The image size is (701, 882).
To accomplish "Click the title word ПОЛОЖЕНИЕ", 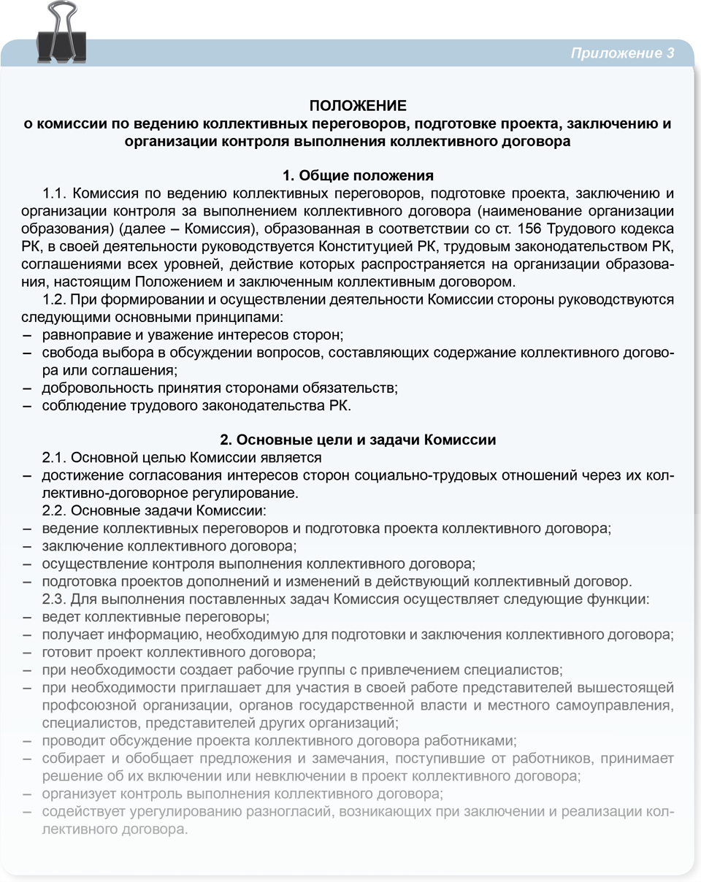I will pos(358,106).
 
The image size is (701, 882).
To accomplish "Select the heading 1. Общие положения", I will pos(358,176).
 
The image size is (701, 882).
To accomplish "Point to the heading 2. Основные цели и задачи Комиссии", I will pos(358,440).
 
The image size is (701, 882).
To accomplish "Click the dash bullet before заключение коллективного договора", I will pos(27,546).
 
